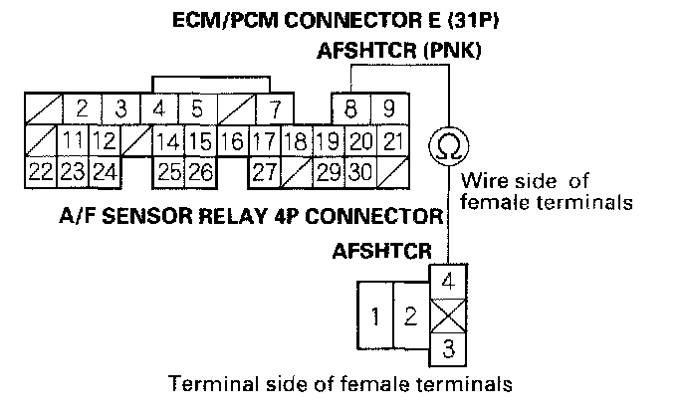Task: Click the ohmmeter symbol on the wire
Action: [444, 146]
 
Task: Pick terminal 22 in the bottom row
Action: [40, 171]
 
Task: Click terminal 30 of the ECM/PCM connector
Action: [358, 171]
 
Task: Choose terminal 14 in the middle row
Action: [170, 140]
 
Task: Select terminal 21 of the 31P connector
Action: [392, 140]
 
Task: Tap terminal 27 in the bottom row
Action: [263, 171]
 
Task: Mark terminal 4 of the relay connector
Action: [447, 281]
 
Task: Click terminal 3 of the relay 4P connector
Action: [447, 348]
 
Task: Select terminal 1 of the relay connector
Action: [374, 317]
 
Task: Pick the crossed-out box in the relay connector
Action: [447, 316]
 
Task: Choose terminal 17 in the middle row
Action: [263, 140]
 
